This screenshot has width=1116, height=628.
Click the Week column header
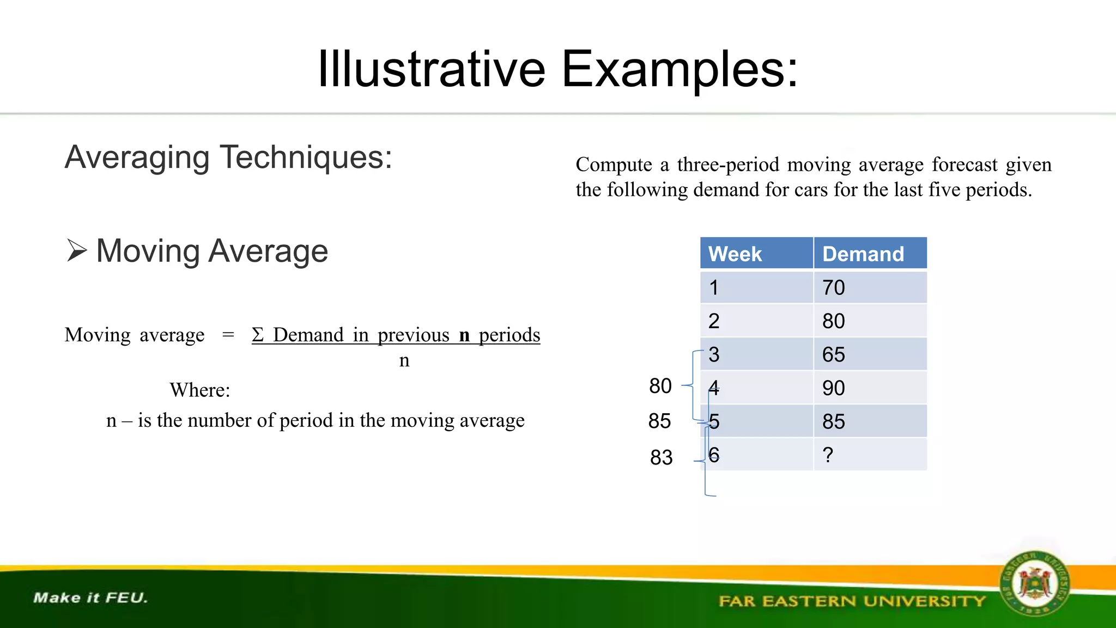point(735,254)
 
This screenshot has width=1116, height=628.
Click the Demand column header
point(863,254)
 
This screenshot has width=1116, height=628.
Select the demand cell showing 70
point(834,288)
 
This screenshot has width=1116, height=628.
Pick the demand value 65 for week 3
point(834,355)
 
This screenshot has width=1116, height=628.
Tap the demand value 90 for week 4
point(834,388)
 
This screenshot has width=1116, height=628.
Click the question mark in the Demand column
point(828,455)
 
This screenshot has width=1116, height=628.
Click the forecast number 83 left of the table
point(662,457)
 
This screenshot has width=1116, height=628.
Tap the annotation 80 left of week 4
point(660,386)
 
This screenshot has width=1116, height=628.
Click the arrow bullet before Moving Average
point(77,251)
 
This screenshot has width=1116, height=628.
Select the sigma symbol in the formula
point(258,335)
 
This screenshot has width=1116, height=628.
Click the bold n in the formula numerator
point(464,335)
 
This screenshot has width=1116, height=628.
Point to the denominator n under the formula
point(404,360)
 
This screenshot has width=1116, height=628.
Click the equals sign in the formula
point(228,335)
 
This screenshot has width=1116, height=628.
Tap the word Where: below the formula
point(200,390)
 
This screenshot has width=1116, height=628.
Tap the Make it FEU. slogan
point(90,598)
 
